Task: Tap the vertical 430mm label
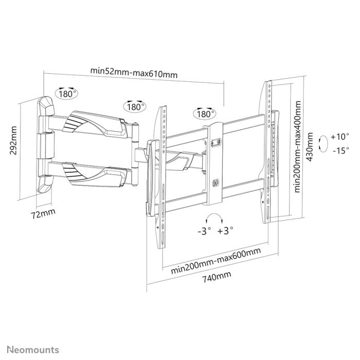(x=310, y=147)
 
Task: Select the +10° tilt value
(x=340, y=137)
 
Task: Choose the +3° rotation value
(x=225, y=231)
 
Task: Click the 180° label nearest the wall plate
(x=67, y=94)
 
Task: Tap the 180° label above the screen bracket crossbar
(x=204, y=114)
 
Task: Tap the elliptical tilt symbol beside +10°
(x=322, y=143)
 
